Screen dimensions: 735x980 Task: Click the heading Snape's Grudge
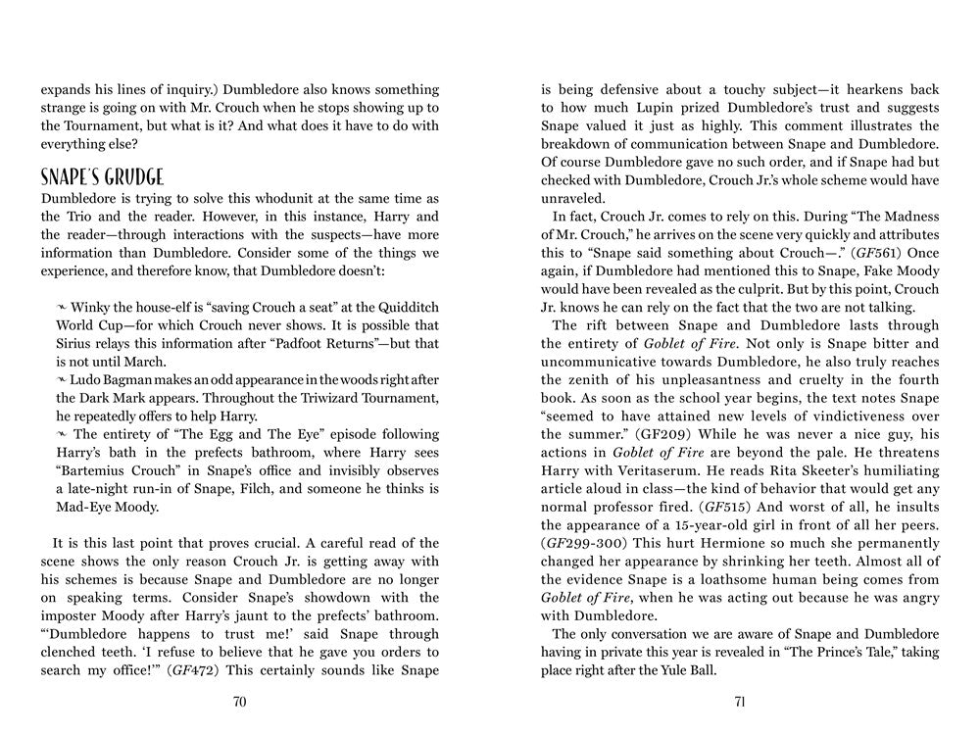(102, 177)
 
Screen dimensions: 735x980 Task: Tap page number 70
(239, 702)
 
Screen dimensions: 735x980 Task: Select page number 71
(740, 702)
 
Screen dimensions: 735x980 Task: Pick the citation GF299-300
(584, 541)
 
